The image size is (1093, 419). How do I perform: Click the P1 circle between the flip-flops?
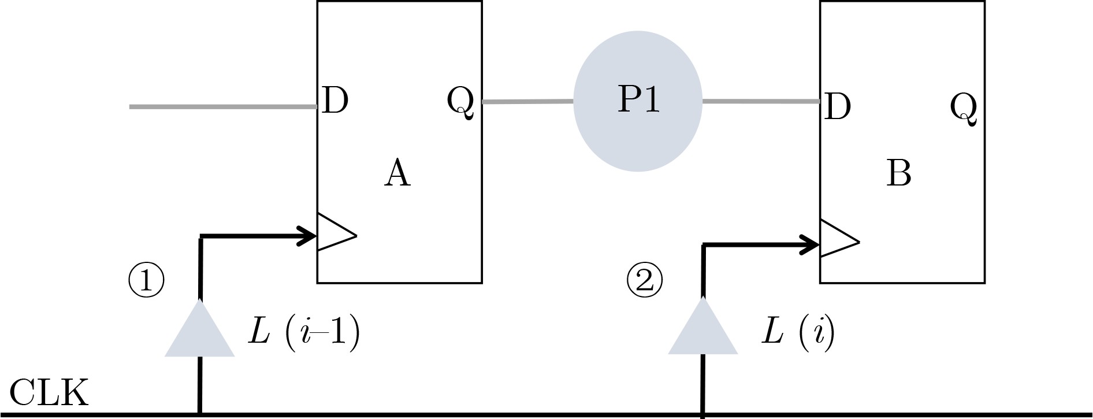point(637,101)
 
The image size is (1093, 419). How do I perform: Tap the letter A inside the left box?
point(397,173)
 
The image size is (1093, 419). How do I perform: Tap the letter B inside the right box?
point(898,173)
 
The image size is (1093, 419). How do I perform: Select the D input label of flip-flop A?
point(335,101)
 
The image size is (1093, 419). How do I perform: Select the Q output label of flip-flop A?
point(460,102)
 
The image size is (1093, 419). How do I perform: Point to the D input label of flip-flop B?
point(838,106)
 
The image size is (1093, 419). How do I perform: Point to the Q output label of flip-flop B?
point(964,108)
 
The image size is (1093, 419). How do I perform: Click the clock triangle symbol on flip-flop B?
point(838,238)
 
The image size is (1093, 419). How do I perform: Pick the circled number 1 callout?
point(146,280)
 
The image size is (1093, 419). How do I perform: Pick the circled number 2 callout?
point(645,280)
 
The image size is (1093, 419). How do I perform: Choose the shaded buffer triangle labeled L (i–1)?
point(199,332)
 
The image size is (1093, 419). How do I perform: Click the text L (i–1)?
point(304,332)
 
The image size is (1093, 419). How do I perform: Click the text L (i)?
point(798,332)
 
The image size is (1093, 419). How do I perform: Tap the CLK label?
point(49,393)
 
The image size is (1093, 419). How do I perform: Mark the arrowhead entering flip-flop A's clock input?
point(307,236)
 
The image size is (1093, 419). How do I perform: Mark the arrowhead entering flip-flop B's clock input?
point(810,245)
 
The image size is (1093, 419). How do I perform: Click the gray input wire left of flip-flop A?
point(222,107)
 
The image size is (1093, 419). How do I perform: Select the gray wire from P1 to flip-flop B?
point(761,102)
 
